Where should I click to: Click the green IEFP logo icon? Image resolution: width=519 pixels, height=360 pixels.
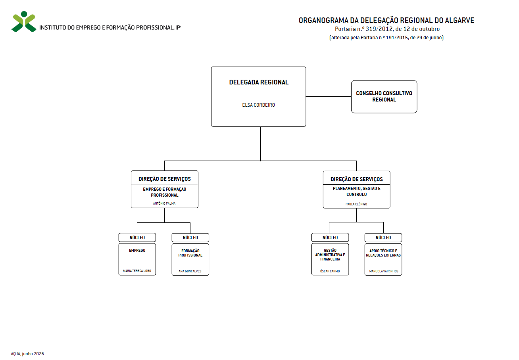pos(24,21)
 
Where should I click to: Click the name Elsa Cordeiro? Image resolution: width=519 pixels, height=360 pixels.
pos(258,105)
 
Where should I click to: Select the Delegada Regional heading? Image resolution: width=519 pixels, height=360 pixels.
pos(259,82)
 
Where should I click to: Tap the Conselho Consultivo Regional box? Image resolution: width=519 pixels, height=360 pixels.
pos(384,96)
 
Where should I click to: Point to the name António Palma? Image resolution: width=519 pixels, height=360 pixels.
pos(164,203)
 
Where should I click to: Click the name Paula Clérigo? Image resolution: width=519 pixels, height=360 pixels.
pos(356,204)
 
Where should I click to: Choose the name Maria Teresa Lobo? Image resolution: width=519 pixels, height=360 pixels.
pos(137,271)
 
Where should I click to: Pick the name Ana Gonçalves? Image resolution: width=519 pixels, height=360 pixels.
pos(190,271)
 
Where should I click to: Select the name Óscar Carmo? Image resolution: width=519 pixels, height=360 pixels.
pos(330,271)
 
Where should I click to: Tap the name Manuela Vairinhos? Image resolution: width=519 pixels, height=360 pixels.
pos(384,271)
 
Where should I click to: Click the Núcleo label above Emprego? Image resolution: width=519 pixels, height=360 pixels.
pos(137,237)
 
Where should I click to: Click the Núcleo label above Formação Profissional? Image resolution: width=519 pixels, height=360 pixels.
pos(190,237)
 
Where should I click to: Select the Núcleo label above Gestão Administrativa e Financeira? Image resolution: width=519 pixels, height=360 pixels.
pos(330,237)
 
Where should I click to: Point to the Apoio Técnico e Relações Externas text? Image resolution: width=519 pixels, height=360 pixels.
pos(383,253)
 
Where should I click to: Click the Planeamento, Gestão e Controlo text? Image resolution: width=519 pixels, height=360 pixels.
pos(356,191)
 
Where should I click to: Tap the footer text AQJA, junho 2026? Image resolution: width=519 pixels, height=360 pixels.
pos(27,354)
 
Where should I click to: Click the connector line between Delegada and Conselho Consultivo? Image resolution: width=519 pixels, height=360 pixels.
pos(329,96)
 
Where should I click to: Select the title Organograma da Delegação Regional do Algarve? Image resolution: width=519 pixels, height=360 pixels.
pos(386,20)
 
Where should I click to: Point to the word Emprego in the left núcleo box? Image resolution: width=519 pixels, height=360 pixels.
pos(137,250)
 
